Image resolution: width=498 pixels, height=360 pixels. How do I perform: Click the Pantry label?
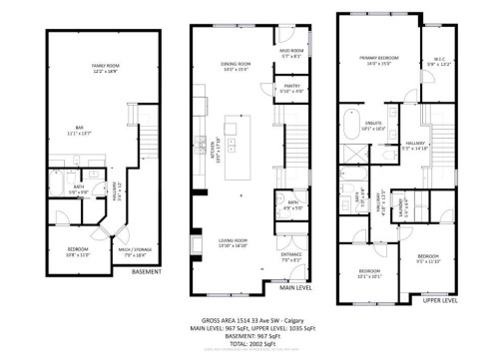tap(291, 88)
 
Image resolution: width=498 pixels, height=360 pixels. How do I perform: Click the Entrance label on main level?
tap(290, 257)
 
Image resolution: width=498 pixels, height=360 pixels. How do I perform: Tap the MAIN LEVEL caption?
tap(297, 290)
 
